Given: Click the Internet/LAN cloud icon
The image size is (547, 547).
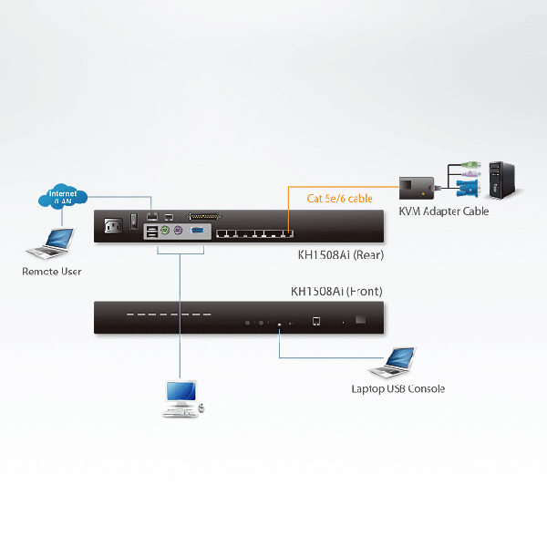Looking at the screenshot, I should coord(63,196).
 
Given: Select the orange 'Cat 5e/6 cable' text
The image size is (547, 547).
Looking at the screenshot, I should coord(339,197).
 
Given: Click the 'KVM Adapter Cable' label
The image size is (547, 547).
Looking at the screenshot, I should coord(444,212).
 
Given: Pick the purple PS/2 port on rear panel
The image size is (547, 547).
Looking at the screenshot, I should coord(179,232).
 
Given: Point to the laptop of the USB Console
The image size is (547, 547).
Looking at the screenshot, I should coord(393,362).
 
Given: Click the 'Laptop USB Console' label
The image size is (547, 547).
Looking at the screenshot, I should coord(398,389).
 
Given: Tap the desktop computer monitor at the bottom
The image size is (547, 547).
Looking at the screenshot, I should coord(179,393).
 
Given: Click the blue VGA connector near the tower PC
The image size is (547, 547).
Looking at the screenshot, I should coord(465,190).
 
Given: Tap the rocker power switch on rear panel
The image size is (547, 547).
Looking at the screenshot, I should coord(134,222).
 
